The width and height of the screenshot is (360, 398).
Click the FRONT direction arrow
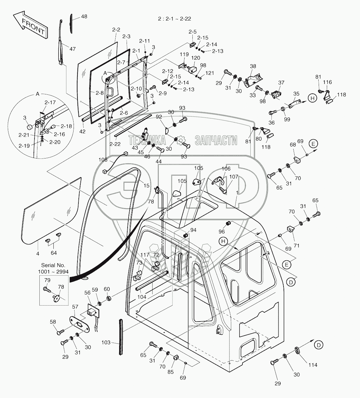(x=31, y=26)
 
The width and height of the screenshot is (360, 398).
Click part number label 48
(x=84, y=16)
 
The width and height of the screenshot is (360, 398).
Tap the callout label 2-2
(x=116, y=30)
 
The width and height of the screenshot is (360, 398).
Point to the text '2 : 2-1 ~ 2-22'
(x=174, y=19)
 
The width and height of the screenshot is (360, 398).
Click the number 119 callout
(x=184, y=54)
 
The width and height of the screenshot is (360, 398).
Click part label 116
(x=327, y=82)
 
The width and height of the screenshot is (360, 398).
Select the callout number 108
(x=103, y=160)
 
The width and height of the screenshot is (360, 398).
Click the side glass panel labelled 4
(x=52, y=212)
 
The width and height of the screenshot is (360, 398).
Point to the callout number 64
(x=53, y=253)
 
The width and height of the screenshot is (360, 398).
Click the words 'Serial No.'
(x=53, y=265)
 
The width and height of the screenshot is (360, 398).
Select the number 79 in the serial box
(x=47, y=280)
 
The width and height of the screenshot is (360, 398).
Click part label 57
(x=75, y=307)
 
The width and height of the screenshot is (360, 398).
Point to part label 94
(x=193, y=230)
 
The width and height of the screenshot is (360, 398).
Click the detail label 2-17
(x=48, y=103)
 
